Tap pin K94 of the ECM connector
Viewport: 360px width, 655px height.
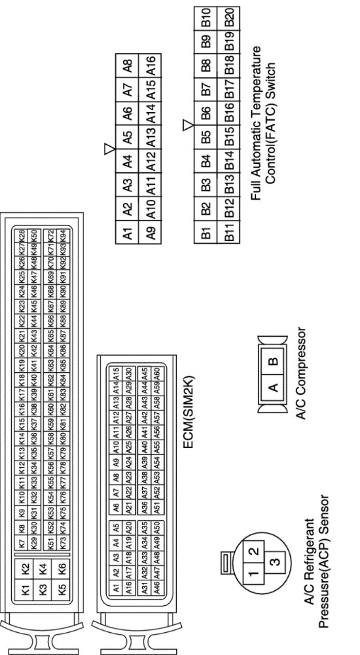pos(63,234)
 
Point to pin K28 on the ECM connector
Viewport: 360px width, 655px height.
pos(22,234)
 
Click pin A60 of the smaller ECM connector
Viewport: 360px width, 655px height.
pos(156,372)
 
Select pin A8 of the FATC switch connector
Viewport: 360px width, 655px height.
pos(128,65)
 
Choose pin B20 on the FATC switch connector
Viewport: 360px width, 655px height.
pos(228,18)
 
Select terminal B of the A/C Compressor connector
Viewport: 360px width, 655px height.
pos(274,361)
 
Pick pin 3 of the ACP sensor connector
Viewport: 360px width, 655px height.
pos(275,561)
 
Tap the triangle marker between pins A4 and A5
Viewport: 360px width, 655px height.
pos(109,148)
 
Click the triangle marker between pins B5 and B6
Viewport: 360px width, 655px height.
pos(189,124)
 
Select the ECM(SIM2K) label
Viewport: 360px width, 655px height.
pos(189,412)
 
